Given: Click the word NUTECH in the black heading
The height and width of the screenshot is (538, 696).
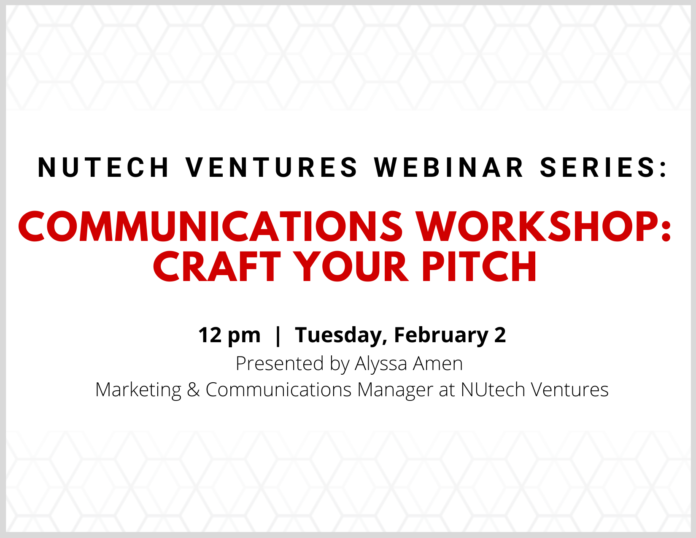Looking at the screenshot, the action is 103,167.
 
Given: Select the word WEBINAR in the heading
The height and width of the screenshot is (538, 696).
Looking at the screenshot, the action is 448,167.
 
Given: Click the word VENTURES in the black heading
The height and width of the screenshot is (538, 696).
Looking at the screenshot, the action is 271,167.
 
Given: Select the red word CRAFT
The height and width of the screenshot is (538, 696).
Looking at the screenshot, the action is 217,267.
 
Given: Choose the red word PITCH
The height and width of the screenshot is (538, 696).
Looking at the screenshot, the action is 479,267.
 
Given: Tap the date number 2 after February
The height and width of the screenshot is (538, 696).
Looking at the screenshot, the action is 500,335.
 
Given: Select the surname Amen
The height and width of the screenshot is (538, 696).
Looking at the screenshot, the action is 438,364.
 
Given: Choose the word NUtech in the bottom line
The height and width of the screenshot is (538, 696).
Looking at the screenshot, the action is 493,390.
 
